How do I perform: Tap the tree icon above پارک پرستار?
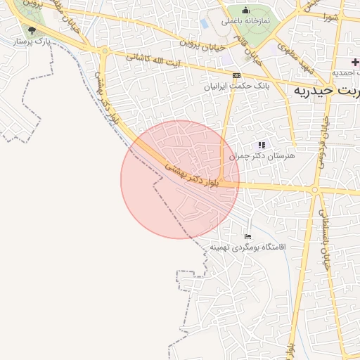[31, 30]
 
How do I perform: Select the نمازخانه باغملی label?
[246, 21]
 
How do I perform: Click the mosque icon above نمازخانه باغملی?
[245, 10]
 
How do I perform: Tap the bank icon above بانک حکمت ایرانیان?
[236, 75]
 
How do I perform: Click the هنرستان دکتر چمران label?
[264, 155]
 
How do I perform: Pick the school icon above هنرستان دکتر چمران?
[262, 144]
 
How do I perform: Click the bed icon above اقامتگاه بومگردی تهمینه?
[247, 236]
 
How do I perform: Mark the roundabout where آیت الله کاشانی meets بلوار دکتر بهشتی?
[105, 51]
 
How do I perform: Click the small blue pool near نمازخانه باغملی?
[205, 23]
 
